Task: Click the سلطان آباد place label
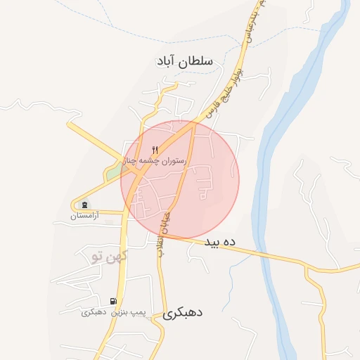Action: click(x=186, y=62)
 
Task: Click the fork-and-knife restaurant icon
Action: click(x=155, y=150)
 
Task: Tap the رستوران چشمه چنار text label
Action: click(x=155, y=161)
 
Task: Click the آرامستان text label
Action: click(x=85, y=215)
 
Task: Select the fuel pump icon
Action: click(x=113, y=301)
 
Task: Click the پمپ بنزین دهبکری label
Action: click(x=103, y=311)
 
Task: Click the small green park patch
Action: click(x=112, y=172)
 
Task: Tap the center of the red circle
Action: click(x=180, y=180)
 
